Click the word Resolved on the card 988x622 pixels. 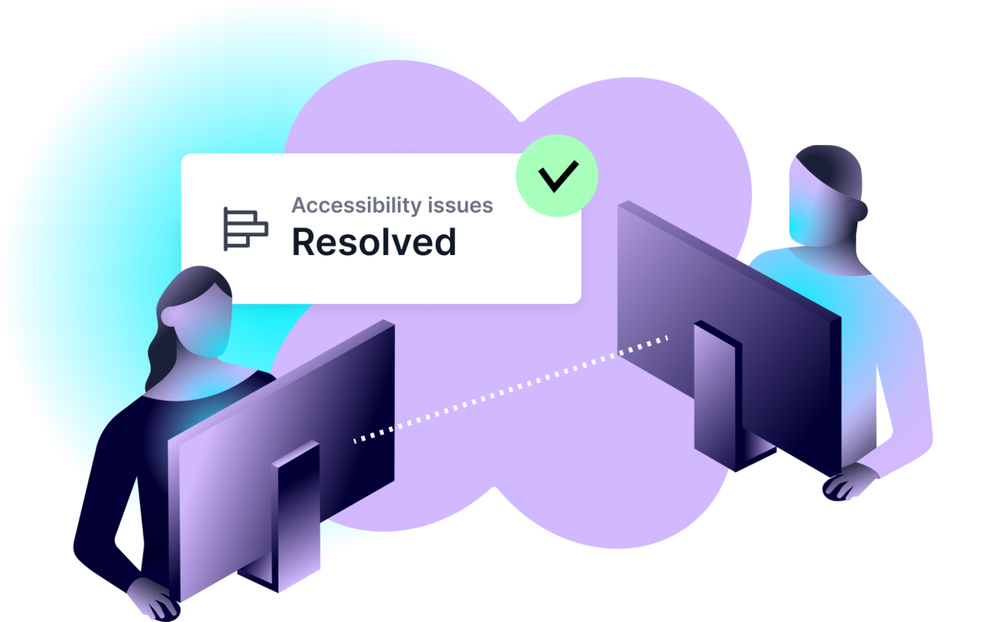pos(374,242)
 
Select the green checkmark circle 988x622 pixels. pos(557,175)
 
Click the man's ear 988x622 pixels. pos(860,209)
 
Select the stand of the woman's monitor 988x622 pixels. pos(298,515)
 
